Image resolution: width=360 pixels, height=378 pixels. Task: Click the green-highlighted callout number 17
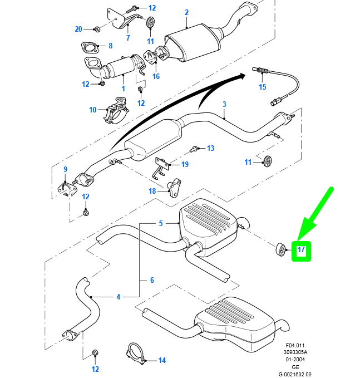[301, 251]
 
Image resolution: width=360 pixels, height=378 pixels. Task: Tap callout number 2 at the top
[186, 12]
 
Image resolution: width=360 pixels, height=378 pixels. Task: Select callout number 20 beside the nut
[78, 29]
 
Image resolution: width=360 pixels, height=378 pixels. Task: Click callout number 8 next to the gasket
[110, 46]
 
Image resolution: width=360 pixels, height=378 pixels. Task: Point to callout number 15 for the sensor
[263, 87]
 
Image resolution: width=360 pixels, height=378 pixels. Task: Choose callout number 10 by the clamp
[93, 110]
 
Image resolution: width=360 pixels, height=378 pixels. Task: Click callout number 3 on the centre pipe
[224, 104]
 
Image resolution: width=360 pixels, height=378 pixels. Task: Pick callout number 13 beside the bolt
[210, 148]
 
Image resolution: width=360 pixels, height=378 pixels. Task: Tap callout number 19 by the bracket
[185, 164]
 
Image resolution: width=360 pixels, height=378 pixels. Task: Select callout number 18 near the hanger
[152, 190]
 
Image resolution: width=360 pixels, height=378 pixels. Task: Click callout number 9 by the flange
[65, 169]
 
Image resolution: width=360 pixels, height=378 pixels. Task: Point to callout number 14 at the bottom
[162, 360]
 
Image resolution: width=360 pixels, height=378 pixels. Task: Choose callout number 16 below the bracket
[156, 76]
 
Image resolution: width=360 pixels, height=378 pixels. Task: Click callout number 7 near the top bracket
[127, 38]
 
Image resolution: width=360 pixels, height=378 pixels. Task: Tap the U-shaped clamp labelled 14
[135, 355]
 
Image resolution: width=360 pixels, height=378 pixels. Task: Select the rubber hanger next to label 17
[280, 249]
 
